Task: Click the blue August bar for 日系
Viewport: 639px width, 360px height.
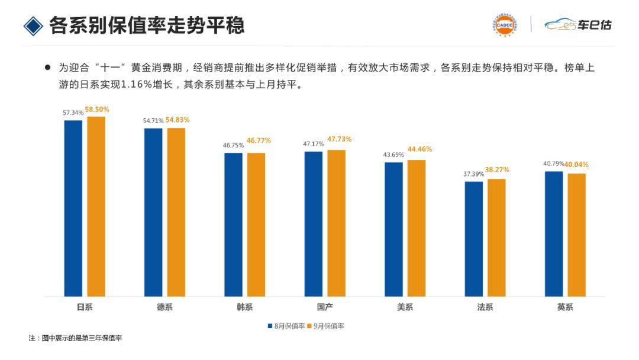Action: (73, 208)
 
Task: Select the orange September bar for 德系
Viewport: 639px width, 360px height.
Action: (176, 212)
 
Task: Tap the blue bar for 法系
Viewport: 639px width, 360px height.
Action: (474, 239)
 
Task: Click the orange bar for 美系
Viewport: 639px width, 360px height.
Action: (416, 228)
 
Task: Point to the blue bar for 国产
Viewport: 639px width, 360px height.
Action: (314, 224)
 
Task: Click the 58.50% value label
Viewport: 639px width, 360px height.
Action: (97, 110)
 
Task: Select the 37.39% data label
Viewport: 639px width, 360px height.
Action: (473, 174)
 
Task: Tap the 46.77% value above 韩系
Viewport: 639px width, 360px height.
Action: (259, 141)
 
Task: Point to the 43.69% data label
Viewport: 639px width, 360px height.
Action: (393, 155)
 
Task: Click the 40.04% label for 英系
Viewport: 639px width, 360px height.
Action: (576, 165)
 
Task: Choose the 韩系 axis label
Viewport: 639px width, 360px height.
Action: (244, 307)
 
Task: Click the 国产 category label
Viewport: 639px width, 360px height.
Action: (325, 307)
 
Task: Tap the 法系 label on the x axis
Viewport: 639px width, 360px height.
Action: (485, 307)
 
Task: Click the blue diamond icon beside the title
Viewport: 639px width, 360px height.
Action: (33, 25)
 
